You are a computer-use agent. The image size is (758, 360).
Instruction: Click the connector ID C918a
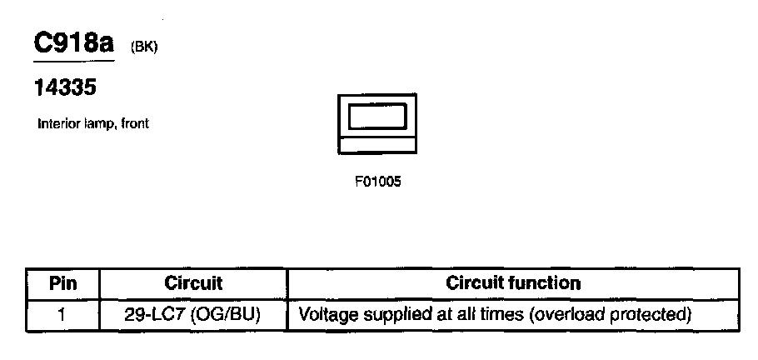(x=72, y=43)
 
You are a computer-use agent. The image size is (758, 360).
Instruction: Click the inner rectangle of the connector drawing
(x=377, y=116)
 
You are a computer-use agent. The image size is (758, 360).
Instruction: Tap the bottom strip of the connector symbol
(x=377, y=147)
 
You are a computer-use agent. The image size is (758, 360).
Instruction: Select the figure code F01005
(x=378, y=180)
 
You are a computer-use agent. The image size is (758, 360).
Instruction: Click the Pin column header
(x=63, y=283)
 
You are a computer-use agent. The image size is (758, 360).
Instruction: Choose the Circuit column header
(x=193, y=283)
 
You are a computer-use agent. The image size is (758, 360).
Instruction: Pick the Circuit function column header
(x=513, y=283)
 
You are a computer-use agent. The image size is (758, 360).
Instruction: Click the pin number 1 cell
(x=63, y=315)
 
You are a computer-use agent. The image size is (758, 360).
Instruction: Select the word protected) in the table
(x=651, y=315)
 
